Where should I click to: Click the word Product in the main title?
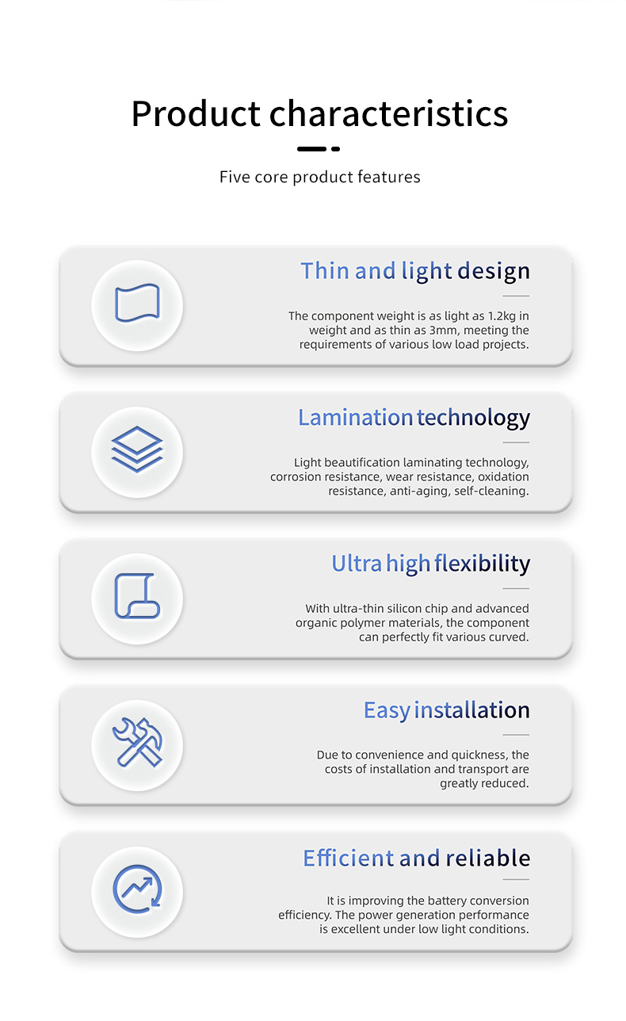[x=196, y=114]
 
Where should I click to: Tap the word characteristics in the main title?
[x=388, y=113]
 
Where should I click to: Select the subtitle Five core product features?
[x=320, y=177]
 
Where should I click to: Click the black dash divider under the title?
[x=319, y=149]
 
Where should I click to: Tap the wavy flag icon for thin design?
[x=137, y=303]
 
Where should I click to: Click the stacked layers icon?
[x=137, y=449]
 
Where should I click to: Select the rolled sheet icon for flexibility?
[x=137, y=596]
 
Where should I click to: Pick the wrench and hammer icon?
[x=137, y=742]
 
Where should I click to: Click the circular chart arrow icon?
[x=137, y=889]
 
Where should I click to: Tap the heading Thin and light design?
[x=415, y=271]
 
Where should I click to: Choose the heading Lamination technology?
[x=414, y=418]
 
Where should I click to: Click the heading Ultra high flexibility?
[x=430, y=564]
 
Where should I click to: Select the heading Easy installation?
[x=446, y=710]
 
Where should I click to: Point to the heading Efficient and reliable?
[x=417, y=858]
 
